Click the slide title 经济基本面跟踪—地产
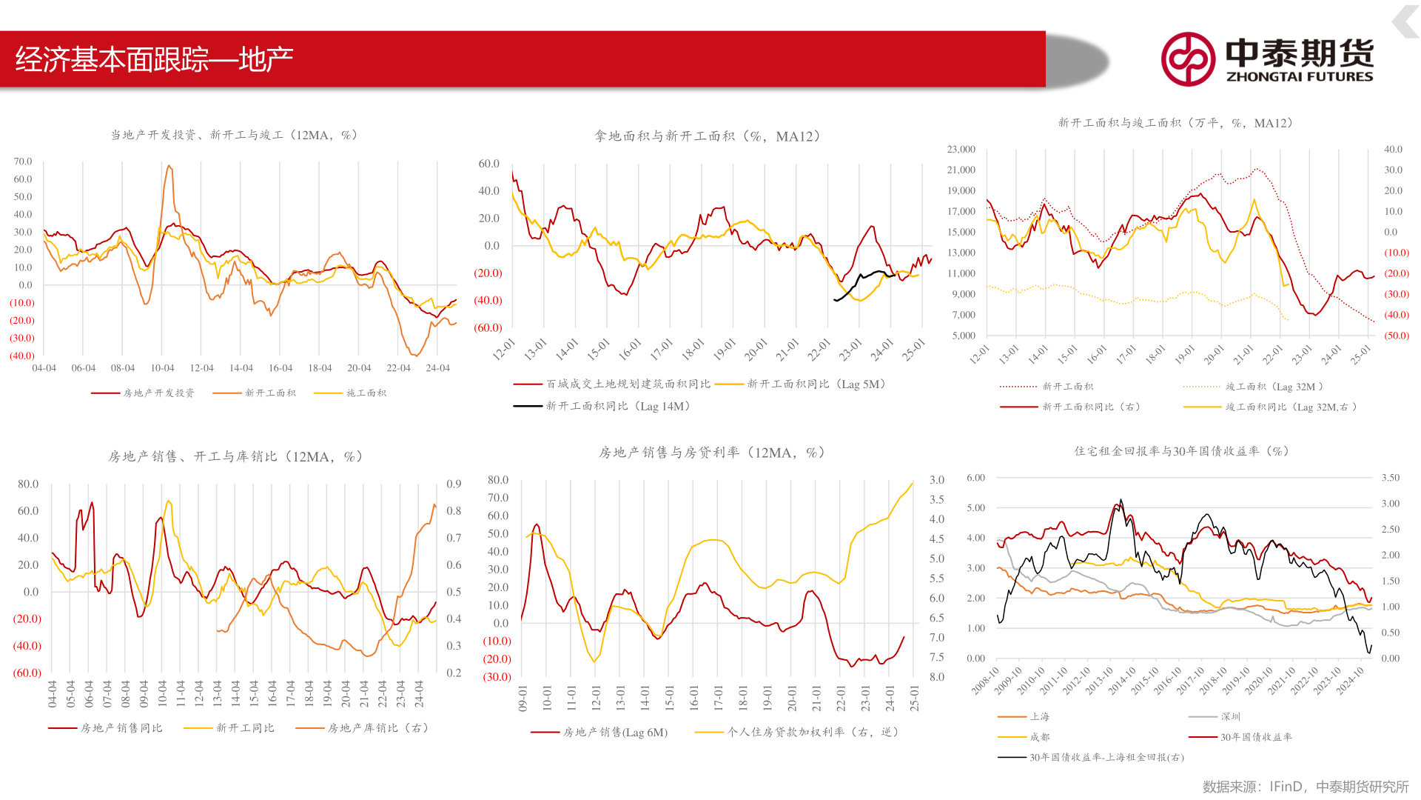click(x=154, y=59)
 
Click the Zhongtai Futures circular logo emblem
click(x=1188, y=59)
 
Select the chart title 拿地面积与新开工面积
click(x=707, y=136)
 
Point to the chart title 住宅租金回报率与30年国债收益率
click(x=1181, y=451)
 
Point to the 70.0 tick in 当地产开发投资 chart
click(x=23, y=161)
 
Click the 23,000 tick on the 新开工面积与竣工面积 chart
click(x=961, y=150)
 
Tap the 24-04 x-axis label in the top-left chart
click(x=437, y=368)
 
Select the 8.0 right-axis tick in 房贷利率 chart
click(x=937, y=677)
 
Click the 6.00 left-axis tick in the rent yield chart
click(x=975, y=478)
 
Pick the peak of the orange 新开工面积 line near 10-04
click(x=169, y=166)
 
